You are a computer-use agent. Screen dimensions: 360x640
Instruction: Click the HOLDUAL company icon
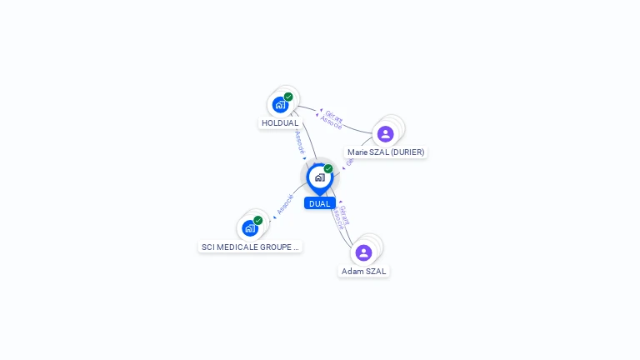280,105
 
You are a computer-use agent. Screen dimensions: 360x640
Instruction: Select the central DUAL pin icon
319,177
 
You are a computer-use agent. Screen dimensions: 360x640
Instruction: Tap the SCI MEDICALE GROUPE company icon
249,228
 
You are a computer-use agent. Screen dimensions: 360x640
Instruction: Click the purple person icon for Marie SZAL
385,133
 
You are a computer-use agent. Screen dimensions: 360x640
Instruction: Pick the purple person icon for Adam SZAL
363,252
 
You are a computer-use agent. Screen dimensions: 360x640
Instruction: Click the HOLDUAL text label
280,123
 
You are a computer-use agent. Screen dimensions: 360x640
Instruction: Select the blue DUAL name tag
319,203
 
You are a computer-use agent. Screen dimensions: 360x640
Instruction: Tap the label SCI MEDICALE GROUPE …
250,247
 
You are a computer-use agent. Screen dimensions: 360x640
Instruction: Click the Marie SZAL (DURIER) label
386,152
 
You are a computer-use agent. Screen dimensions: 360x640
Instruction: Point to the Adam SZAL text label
364,271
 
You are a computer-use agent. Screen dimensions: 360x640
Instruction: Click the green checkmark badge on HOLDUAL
288,97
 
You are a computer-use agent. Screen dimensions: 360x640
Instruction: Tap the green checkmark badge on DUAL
328,168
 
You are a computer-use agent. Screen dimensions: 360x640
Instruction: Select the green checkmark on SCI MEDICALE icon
258,220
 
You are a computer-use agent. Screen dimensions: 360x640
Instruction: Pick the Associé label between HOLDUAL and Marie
331,123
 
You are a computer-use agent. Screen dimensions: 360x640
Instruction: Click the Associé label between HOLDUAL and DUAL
300,142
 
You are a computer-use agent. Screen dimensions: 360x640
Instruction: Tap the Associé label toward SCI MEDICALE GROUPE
285,205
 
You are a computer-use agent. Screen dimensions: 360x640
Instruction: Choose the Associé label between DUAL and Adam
337,218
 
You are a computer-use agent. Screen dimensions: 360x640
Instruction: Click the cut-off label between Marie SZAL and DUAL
349,161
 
